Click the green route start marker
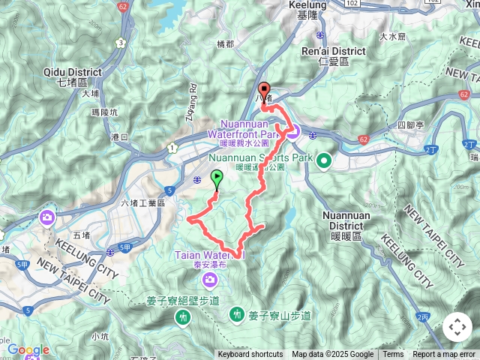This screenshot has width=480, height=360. click(x=217, y=178)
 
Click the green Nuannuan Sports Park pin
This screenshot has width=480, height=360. click(x=324, y=160)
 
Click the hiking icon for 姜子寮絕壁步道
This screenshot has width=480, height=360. click(x=182, y=318)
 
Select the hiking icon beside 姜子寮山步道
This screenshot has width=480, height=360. click(x=238, y=313)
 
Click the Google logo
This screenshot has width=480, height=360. click(x=28, y=350)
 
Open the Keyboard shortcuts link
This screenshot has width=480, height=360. click(x=250, y=355)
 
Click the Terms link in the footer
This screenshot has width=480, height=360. click(x=392, y=355)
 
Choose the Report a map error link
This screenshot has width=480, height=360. click(x=443, y=355)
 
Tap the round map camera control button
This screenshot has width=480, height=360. click(x=457, y=327)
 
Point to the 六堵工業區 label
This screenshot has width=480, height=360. click(x=142, y=203)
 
